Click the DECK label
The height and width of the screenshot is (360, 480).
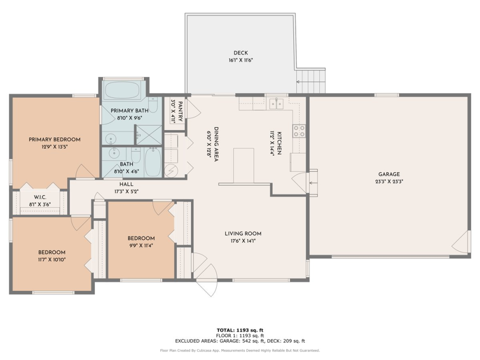point(240,53)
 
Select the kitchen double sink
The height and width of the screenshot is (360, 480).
point(276,103)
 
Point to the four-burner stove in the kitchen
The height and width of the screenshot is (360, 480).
point(299,131)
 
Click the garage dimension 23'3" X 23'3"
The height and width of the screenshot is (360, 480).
point(389,182)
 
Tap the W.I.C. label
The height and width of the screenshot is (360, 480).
point(40,197)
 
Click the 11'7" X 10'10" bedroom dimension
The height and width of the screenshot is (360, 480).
point(52,260)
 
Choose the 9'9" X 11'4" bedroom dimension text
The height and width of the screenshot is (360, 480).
point(141,245)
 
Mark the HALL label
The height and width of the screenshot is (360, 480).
point(126,184)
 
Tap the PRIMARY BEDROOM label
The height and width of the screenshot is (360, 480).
point(55,139)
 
